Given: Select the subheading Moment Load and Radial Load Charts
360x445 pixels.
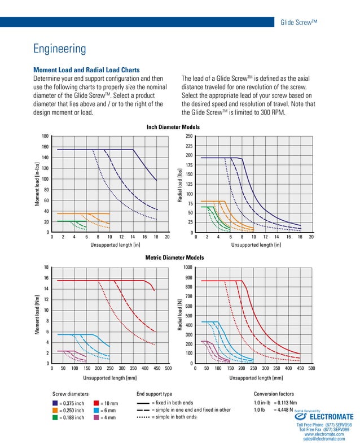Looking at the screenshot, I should (x=87, y=70).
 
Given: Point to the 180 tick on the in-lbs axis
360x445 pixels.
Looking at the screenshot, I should (x=45, y=136).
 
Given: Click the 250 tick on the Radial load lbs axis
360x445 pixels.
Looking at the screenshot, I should (x=190, y=136).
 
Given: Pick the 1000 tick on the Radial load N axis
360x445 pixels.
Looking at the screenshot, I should (x=187, y=267).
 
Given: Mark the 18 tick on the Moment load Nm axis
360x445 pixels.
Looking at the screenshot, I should (x=46, y=267).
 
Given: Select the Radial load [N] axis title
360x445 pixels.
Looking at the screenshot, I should (x=180, y=315).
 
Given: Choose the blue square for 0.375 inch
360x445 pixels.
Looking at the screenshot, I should (x=55, y=403).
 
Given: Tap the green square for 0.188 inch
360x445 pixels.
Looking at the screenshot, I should (x=55, y=418).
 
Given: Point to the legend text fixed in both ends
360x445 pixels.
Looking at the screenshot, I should (x=177, y=402).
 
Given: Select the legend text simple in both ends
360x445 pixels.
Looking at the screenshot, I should (x=178, y=417).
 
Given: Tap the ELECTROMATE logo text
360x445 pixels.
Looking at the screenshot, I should (x=330, y=417).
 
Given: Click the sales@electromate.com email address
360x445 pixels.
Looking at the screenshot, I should (x=324, y=438).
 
